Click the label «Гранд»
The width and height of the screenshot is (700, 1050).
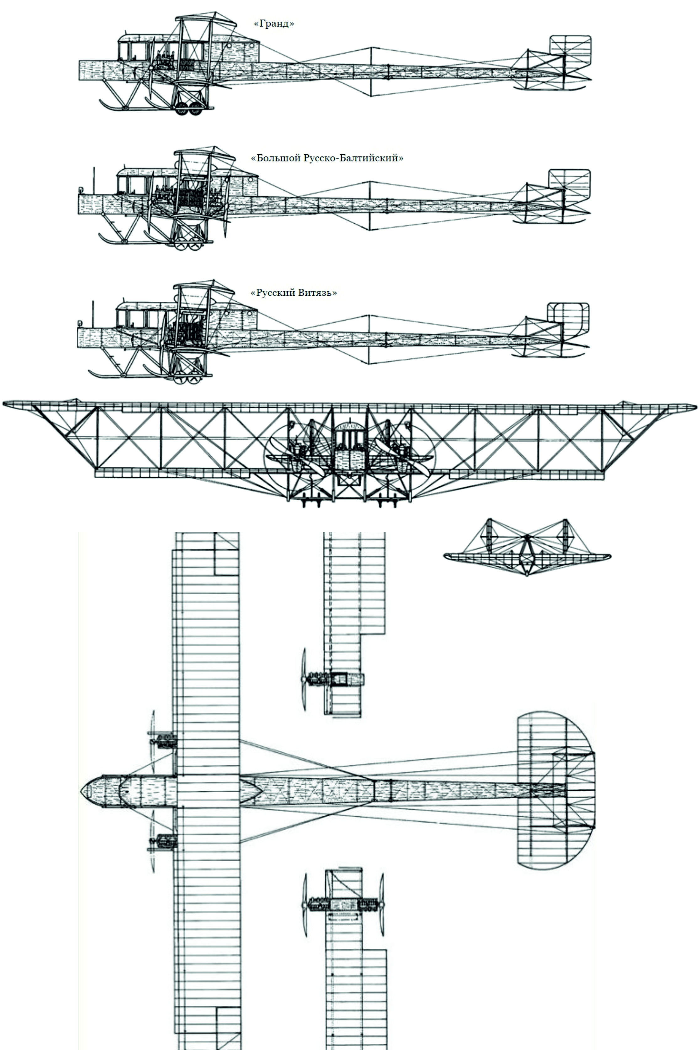pyautogui.click(x=274, y=24)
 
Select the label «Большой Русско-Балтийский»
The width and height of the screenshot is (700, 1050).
pyautogui.click(x=327, y=158)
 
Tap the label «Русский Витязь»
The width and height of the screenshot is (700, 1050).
pyautogui.click(x=294, y=293)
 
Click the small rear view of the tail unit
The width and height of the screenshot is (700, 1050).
pyautogui.click(x=527, y=547)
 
